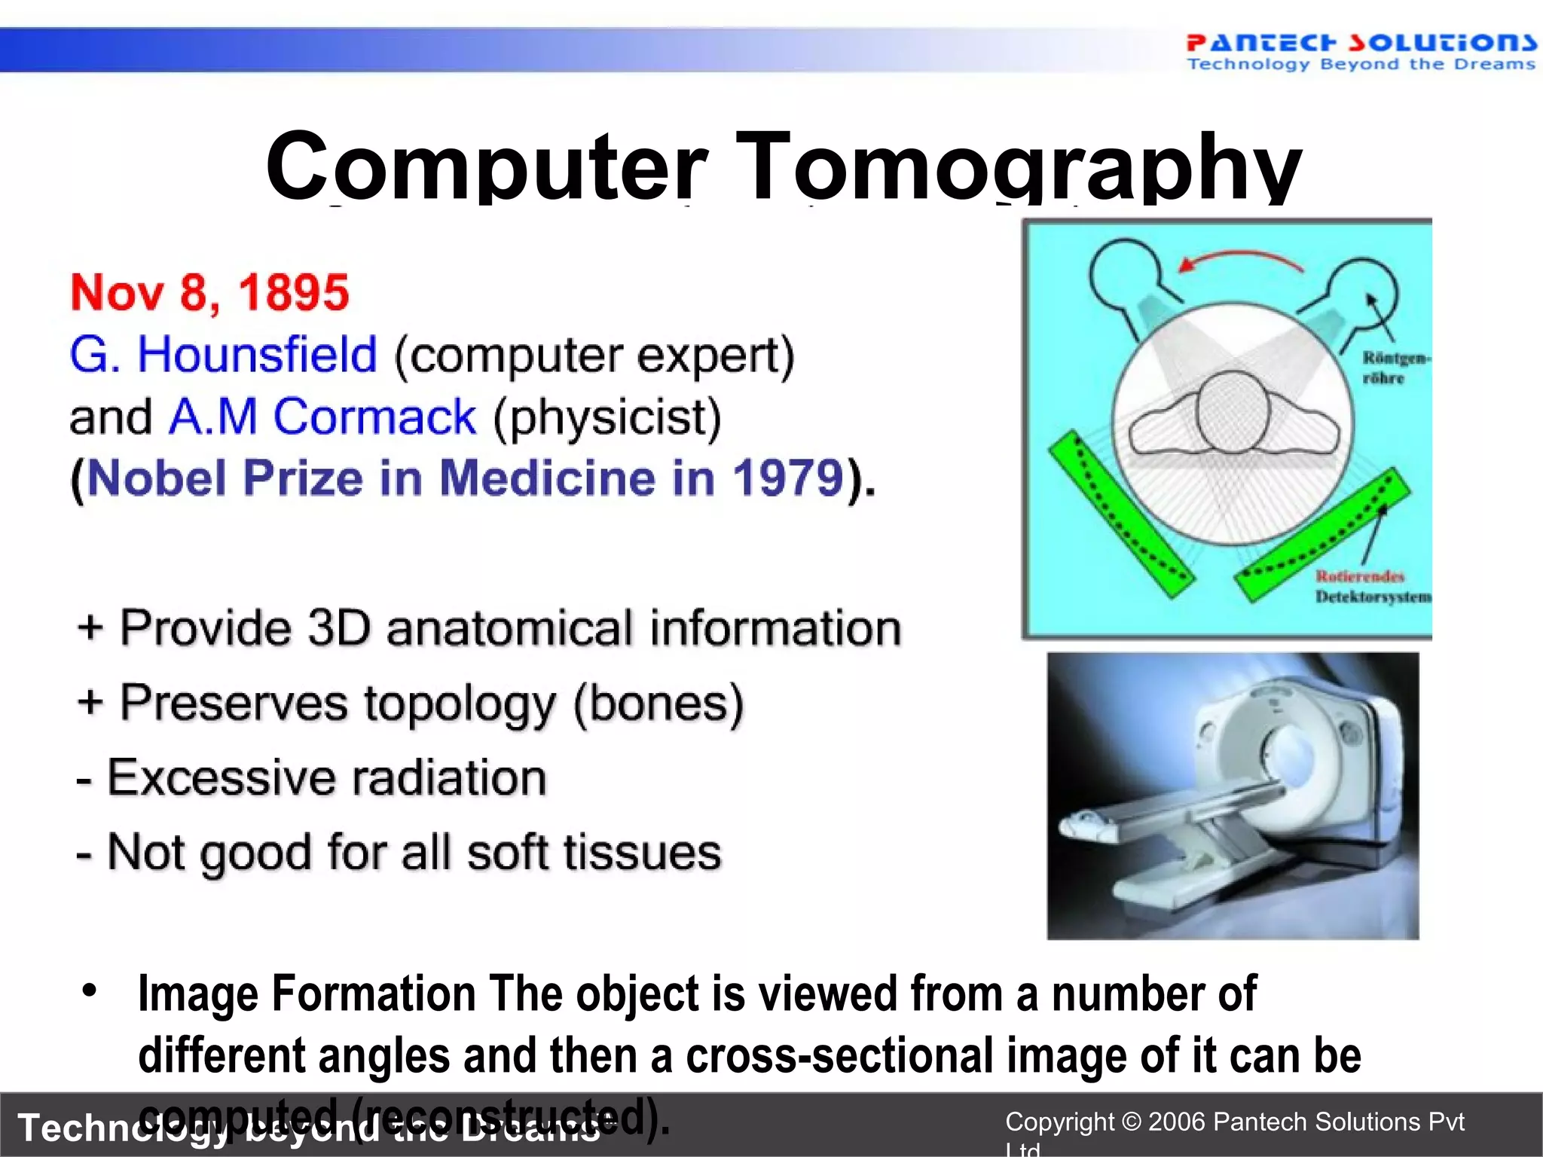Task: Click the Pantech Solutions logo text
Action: click(1360, 43)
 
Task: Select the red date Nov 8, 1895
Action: click(209, 292)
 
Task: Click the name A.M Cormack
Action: click(322, 417)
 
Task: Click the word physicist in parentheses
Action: click(607, 418)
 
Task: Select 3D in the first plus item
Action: click(339, 627)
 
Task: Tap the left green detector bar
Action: click(1120, 514)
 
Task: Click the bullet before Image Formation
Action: click(90, 991)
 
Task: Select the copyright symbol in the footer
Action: click(1131, 1122)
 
